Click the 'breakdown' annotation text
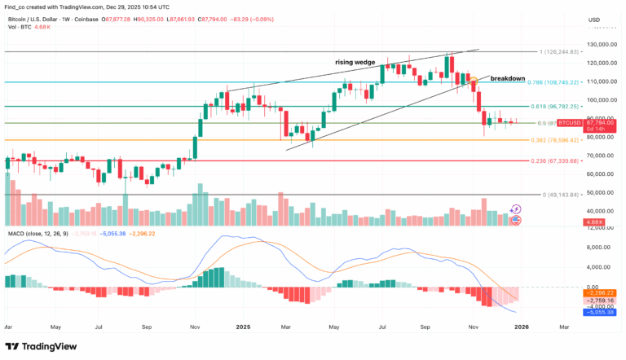coord(507,78)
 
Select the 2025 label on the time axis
coord(242,326)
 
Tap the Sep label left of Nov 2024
coord(148,326)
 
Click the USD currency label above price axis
coord(593,20)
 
